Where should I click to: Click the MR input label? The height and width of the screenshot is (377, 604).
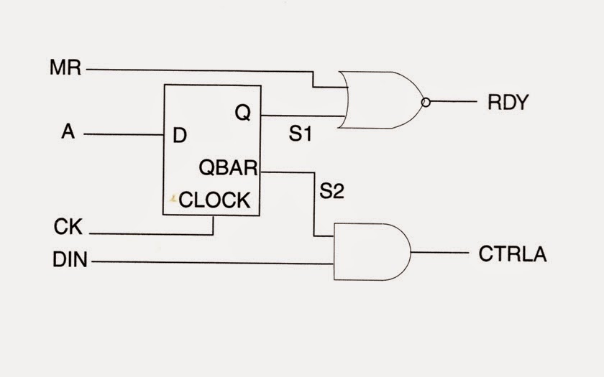coord(66,69)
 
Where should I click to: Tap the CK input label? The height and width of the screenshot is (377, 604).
coord(69,228)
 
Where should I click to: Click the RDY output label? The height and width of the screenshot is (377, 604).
coord(508,103)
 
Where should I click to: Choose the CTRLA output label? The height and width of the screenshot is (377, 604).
coord(512,253)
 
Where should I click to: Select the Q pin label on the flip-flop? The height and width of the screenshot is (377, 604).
coord(243,113)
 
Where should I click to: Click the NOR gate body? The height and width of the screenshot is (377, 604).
coord(381,100)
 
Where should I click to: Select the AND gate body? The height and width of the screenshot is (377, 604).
coord(370,251)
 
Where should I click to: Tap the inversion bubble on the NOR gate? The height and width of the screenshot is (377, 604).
coord(426,102)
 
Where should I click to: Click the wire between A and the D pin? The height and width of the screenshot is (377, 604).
coord(122,134)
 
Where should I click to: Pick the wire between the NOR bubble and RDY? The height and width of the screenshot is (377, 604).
coord(453,102)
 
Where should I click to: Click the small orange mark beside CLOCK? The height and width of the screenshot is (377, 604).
coord(173,198)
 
